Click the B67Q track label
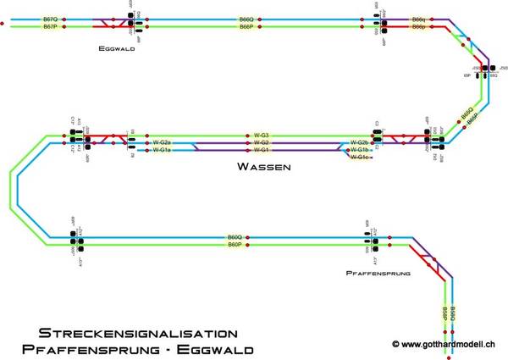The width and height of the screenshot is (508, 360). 50,19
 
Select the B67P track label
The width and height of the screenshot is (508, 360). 50,27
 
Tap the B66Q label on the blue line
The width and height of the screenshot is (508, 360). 246,19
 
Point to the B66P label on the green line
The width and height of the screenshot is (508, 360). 246,27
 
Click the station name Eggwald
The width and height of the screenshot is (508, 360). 117,49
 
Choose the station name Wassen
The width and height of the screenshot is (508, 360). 266,168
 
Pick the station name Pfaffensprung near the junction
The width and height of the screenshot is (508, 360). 378,274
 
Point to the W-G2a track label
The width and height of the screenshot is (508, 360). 162,142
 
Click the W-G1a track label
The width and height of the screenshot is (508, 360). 162,150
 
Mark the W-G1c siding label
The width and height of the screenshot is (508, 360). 361,158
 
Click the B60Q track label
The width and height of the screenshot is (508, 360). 235,237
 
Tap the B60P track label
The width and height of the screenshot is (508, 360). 235,245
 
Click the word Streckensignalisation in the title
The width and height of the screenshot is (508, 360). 132,334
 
